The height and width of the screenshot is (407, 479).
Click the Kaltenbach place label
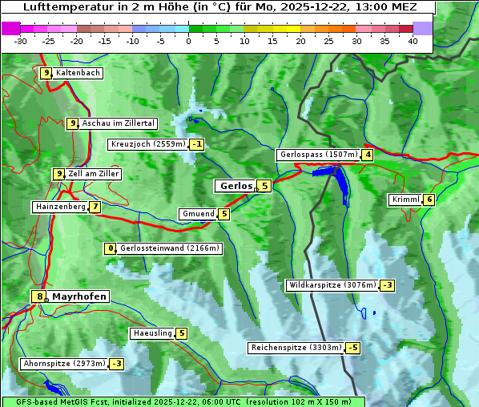[x=78, y=73]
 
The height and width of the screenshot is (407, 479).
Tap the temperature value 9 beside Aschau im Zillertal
[x=72, y=123]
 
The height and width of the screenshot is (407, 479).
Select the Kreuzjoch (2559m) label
[x=148, y=145]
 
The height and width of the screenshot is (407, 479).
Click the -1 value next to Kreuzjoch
[x=196, y=145]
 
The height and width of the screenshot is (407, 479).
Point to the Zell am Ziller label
[x=94, y=174]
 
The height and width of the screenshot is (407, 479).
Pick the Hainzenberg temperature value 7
[x=95, y=207]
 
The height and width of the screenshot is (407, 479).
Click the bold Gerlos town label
[x=235, y=186]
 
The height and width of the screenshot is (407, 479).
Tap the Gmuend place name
[x=198, y=214]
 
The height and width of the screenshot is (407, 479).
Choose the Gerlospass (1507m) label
[x=318, y=155]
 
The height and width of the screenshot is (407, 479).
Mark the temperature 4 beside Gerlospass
[x=367, y=155]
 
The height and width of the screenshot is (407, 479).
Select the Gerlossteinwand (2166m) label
[x=170, y=248]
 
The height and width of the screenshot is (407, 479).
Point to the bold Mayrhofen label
[x=79, y=296]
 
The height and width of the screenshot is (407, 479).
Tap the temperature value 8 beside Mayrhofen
[x=38, y=296]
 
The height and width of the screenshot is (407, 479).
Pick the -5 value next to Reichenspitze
[x=352, y=348]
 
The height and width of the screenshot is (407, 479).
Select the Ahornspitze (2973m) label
[x=64, y=364]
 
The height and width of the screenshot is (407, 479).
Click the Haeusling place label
[x=152, y=333]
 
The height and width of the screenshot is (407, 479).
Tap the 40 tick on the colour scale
[x=413, y=40]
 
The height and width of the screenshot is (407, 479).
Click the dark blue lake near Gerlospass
[x=340, y=183]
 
